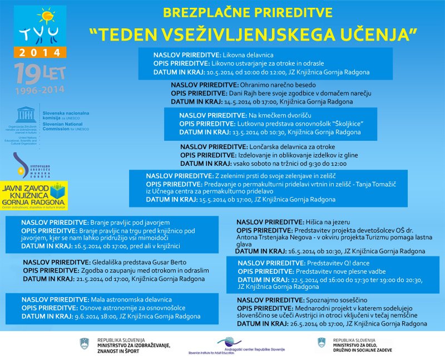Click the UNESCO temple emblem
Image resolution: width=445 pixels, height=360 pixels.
coord(25,114)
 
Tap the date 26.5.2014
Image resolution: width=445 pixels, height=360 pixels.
coord(304,323)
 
